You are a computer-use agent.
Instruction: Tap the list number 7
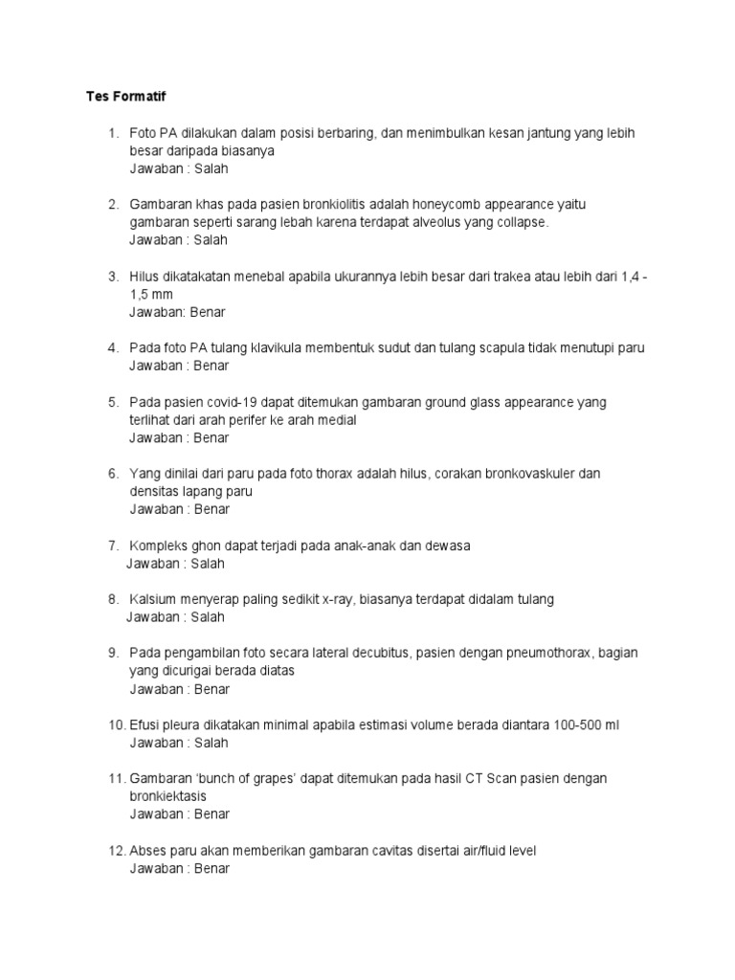pos(113,546)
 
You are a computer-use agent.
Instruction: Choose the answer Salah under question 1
pos(210,169)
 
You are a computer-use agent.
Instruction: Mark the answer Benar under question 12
pos(211,869)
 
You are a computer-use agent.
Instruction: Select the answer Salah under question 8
pos(207,617)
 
